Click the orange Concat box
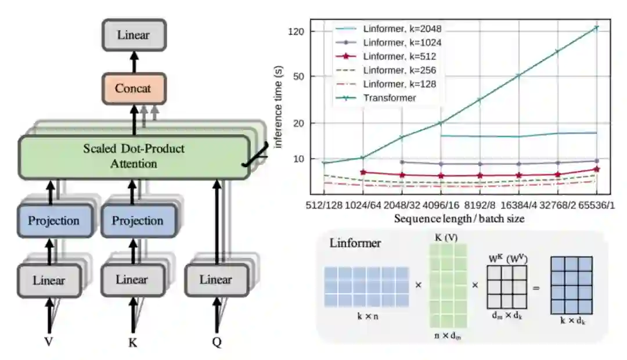click(x=133, y=89)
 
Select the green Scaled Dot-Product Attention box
click(x=133, y=156)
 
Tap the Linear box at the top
click(x=133, y=35)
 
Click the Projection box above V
click(x=54, y=221)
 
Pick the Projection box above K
click(x=138, y=221)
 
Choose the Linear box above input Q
click(x=216, y=280)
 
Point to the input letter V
click(x=49, y=341)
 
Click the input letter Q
click(x=217, y=342)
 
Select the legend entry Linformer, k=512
click(x=399, y=56)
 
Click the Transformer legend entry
click(x=390, y=98)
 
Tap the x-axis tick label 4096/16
click(x=441, y=206)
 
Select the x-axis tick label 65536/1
click(x=596, y=206)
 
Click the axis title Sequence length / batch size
click(x=459, y=218)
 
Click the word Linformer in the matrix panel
click(x=355, y=243)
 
